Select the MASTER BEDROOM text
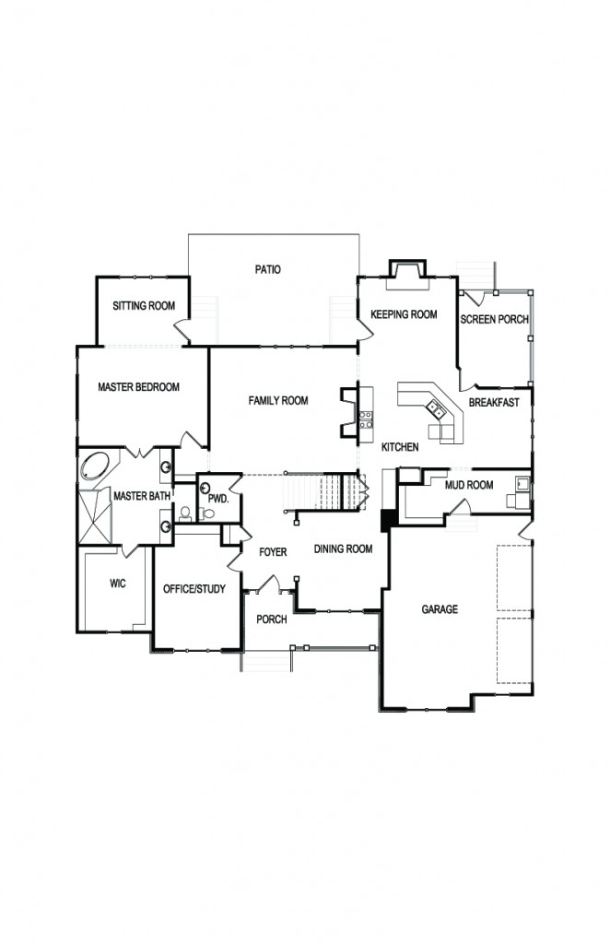[x=138, y=387]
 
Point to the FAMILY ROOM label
[x=277, y=401]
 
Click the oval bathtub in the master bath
[x=93, y=466]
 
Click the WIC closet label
[x=117, y=583]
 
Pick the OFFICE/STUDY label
[x=194, y=589]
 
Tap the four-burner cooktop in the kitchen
[x=364, y=420]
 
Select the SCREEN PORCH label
[x=494, y=319]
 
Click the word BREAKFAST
[x=494, y=403]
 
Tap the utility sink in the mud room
[x=522, y=482]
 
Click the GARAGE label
[x=440, y=609]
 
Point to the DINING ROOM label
[x=343, y=549]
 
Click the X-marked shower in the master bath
[x=94, y=511]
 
